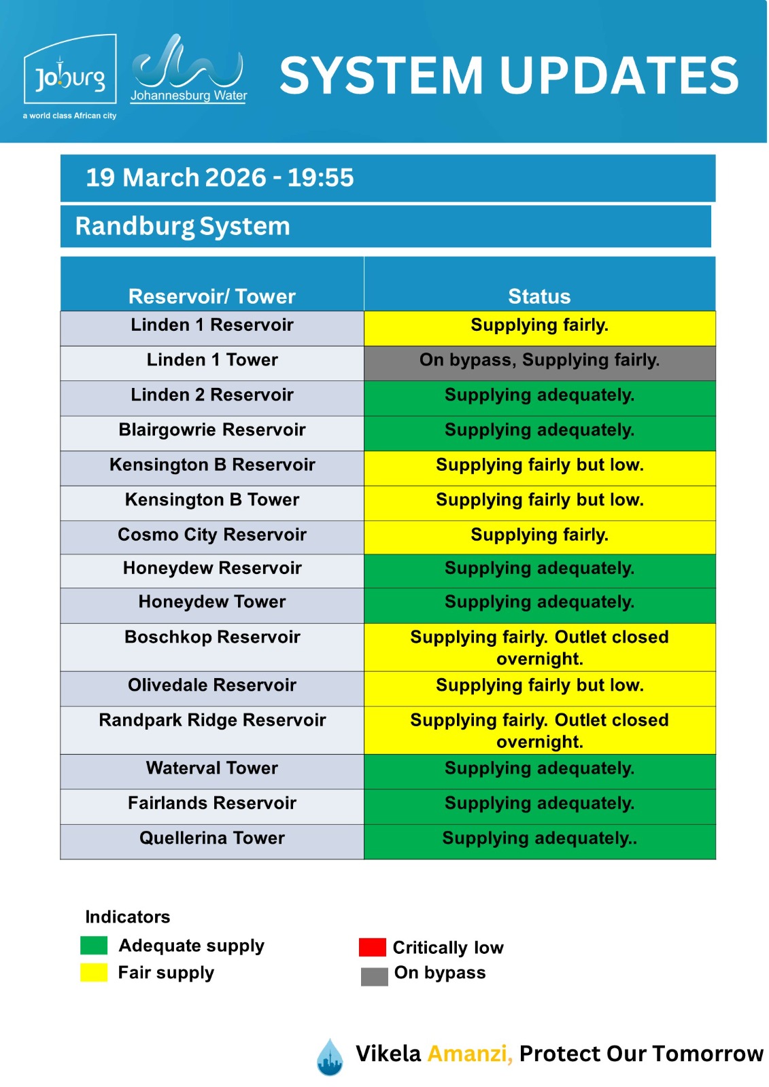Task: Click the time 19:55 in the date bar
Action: point(320,178)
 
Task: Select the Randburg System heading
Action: point(182,226)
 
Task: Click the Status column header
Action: point(539,296)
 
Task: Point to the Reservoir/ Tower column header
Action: point(211,296)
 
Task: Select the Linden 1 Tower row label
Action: point(212,360)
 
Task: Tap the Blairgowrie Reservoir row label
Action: point(212,430)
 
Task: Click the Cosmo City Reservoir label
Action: point(212,535)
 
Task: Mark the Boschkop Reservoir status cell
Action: point(539,647)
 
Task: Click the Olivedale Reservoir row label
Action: point(212,685)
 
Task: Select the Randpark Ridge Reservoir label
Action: point(212,720)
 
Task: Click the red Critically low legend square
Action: point(372,947)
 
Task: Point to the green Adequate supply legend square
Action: point(94,945)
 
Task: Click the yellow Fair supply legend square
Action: point(94,972)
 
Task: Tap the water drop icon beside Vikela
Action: point(330,1057)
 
